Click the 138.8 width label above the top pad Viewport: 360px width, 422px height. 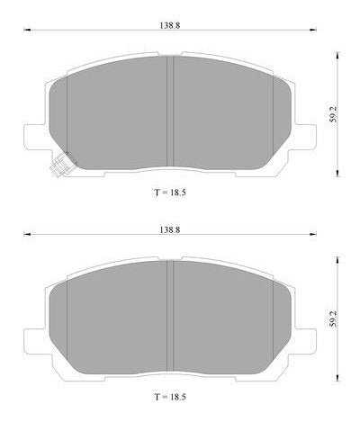click(x=170, y=25)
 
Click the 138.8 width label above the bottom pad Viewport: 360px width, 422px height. click(x=170, y=229)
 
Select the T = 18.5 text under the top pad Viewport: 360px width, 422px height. click(x=170, y=193)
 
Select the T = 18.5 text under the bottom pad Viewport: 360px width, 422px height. click(x=170, y=397)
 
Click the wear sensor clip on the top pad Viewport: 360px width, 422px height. click(x=62, y=164)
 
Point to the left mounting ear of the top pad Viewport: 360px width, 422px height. click(x=35, y=137)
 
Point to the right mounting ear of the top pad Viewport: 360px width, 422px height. click(x=305, y=137)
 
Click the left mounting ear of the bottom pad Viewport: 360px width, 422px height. click(x=35, y=342)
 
